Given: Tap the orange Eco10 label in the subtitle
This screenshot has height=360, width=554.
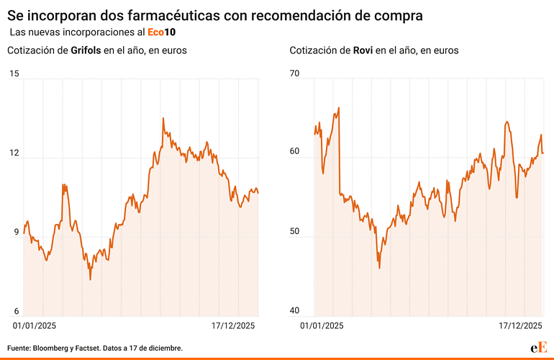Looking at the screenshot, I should coord(162,32).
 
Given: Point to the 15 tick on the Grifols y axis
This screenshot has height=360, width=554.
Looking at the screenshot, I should coord(14,73).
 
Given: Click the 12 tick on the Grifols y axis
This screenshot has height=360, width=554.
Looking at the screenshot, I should coord(14,153).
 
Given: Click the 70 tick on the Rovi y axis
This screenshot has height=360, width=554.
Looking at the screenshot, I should coord(296,73).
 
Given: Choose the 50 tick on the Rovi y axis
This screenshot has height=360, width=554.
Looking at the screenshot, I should coord(296,232).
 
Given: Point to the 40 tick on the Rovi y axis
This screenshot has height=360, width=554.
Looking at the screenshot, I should coord(296,311).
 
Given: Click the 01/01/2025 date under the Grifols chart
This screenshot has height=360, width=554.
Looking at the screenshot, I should coord(36,325).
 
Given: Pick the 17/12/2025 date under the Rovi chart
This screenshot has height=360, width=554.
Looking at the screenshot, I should coord(520,325).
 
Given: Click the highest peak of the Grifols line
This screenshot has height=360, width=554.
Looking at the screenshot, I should coord(163,118).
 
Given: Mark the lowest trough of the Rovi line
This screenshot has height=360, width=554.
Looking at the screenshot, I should coord(379,268).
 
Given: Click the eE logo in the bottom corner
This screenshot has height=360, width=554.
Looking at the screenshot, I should coord(539,347).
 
